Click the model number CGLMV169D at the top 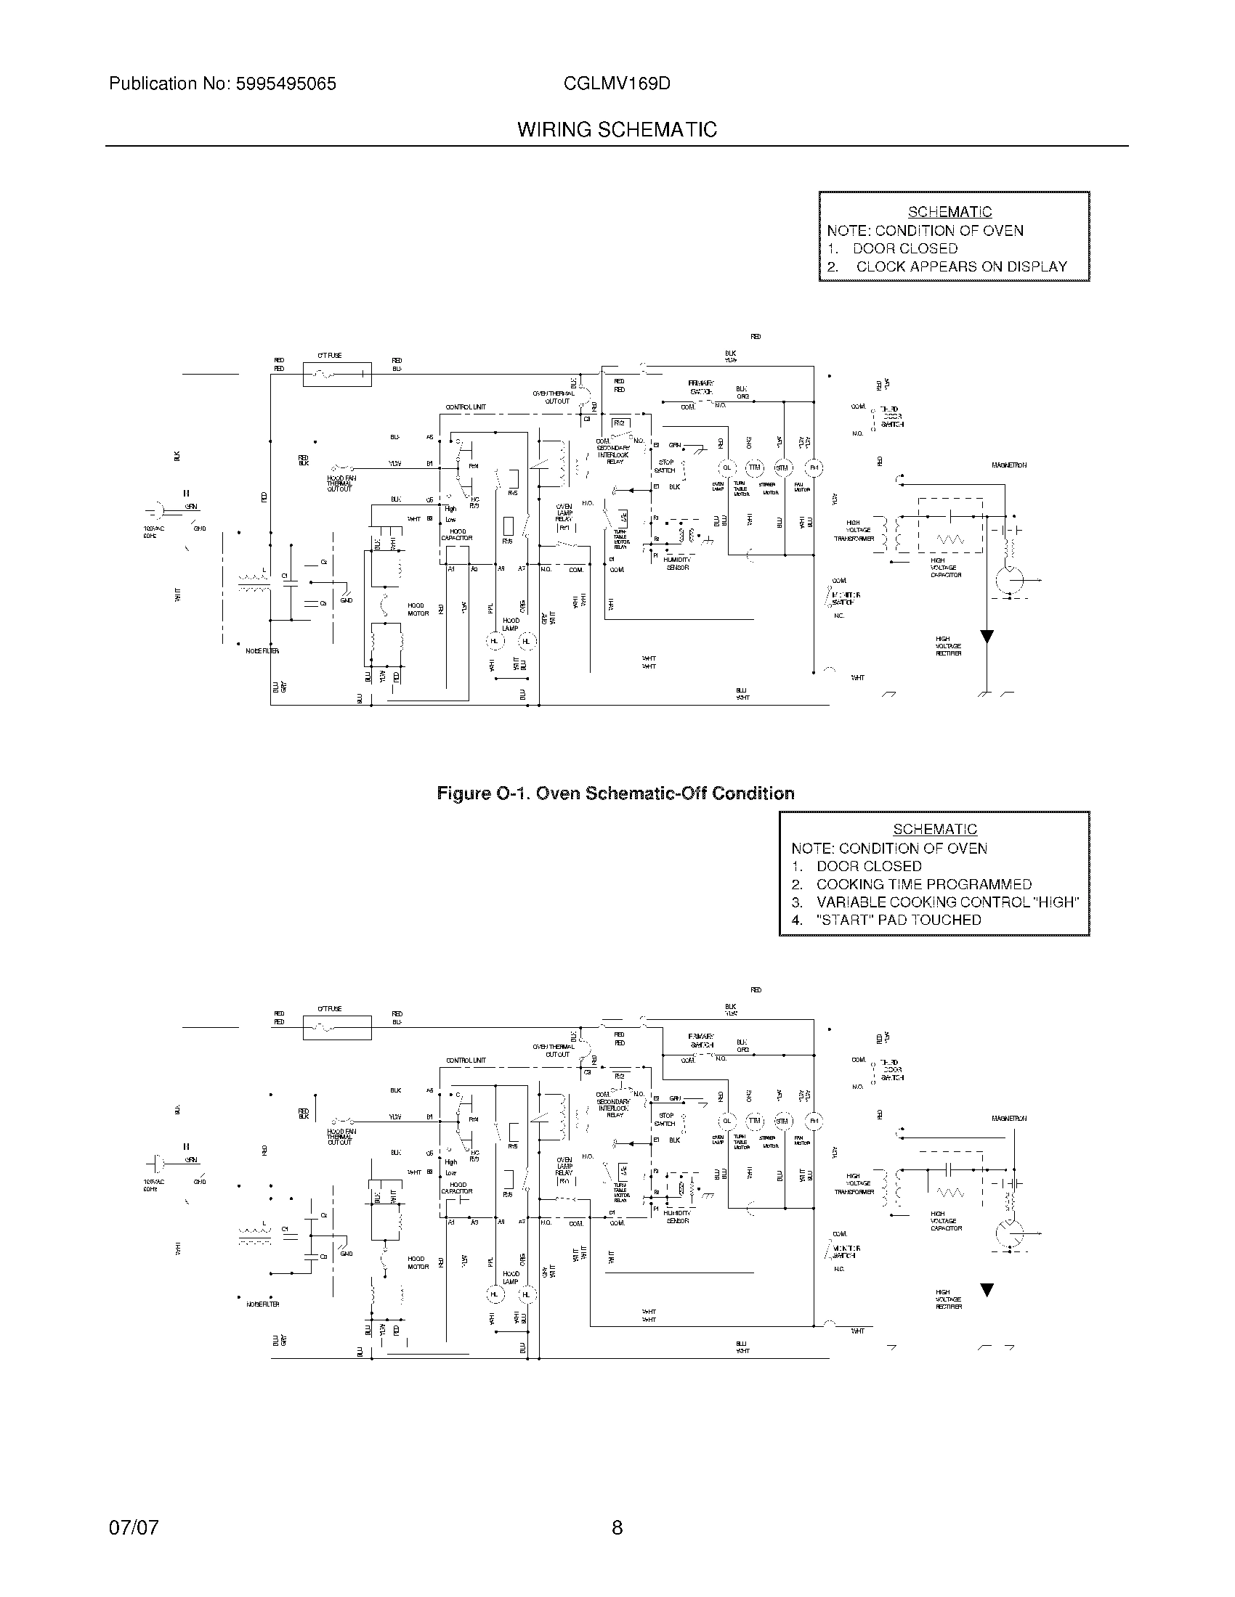[617, 83]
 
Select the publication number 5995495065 [286, 83]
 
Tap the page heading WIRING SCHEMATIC [617, 130]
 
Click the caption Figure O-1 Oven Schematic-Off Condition [615, 793]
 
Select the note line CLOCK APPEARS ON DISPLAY [960, 267]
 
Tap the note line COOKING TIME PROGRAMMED [923, 884]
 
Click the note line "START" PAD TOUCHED [898, 920]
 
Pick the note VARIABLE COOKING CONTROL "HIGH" [947, 902]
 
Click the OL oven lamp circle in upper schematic [727, 468]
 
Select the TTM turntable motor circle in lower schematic [754, 1121]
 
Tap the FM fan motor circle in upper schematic [814, 468]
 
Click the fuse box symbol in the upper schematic [336, 375]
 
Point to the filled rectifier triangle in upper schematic [987, 636]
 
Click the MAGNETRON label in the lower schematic [1009, 1118]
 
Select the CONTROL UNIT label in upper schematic [466, 407]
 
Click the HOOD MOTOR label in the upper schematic [418, 610]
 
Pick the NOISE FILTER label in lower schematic [263, 1304]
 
